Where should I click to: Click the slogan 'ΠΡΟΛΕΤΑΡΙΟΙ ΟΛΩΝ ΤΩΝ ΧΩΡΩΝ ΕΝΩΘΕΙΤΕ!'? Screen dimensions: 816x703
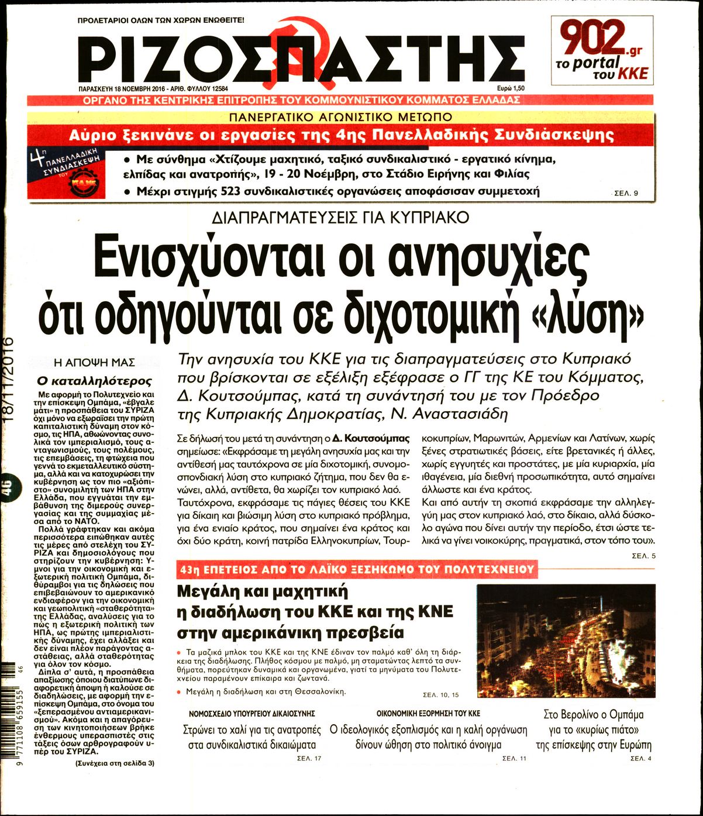click(x=161, y=20)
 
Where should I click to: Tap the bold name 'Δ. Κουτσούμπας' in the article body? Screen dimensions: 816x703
click(x=371, y=438)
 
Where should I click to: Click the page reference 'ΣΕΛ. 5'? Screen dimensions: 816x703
click(x=644, y=555)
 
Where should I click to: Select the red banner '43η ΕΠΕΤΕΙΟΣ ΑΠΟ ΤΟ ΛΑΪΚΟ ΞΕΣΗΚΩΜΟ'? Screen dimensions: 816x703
click(x=358, y=569)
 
